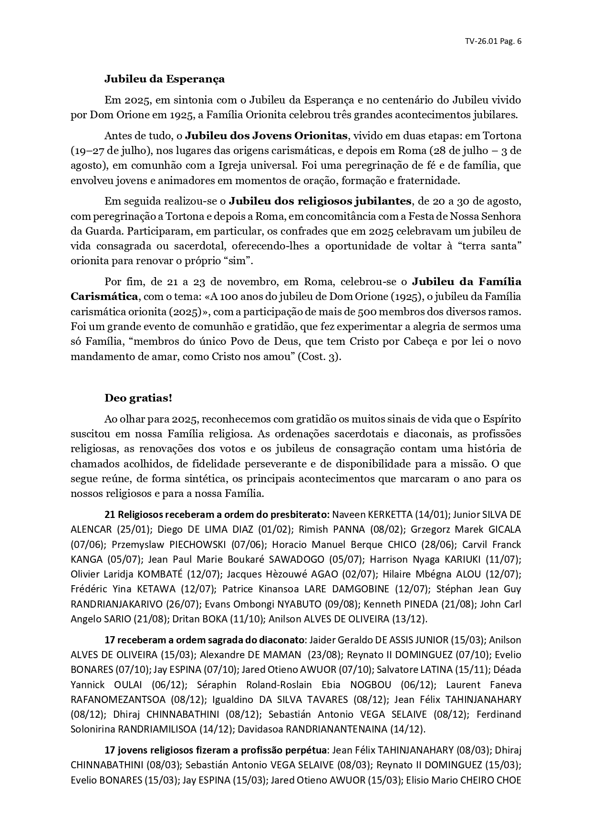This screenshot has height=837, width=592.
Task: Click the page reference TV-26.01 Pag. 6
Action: (493, 41)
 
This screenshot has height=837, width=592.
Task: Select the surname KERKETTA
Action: (389, 515)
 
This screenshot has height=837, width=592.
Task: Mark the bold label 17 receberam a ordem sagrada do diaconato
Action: (204, 640)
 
